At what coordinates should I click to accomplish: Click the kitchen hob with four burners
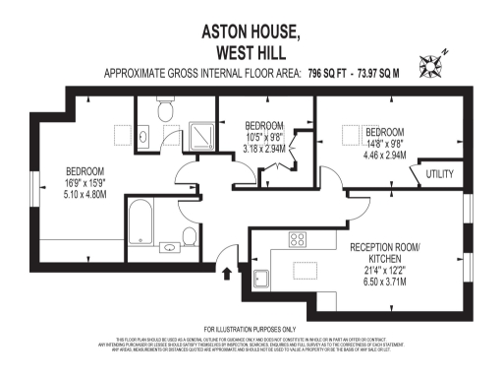point(297,239)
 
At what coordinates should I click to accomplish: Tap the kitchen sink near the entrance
point(262,277)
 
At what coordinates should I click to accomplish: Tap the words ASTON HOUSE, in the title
point(251,31)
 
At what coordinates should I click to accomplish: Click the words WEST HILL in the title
point(251,51)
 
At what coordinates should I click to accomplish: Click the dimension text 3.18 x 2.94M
point(264,150)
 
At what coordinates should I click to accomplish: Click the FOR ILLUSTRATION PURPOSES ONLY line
point(251,329)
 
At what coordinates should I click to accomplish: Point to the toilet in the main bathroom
point(187,236)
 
